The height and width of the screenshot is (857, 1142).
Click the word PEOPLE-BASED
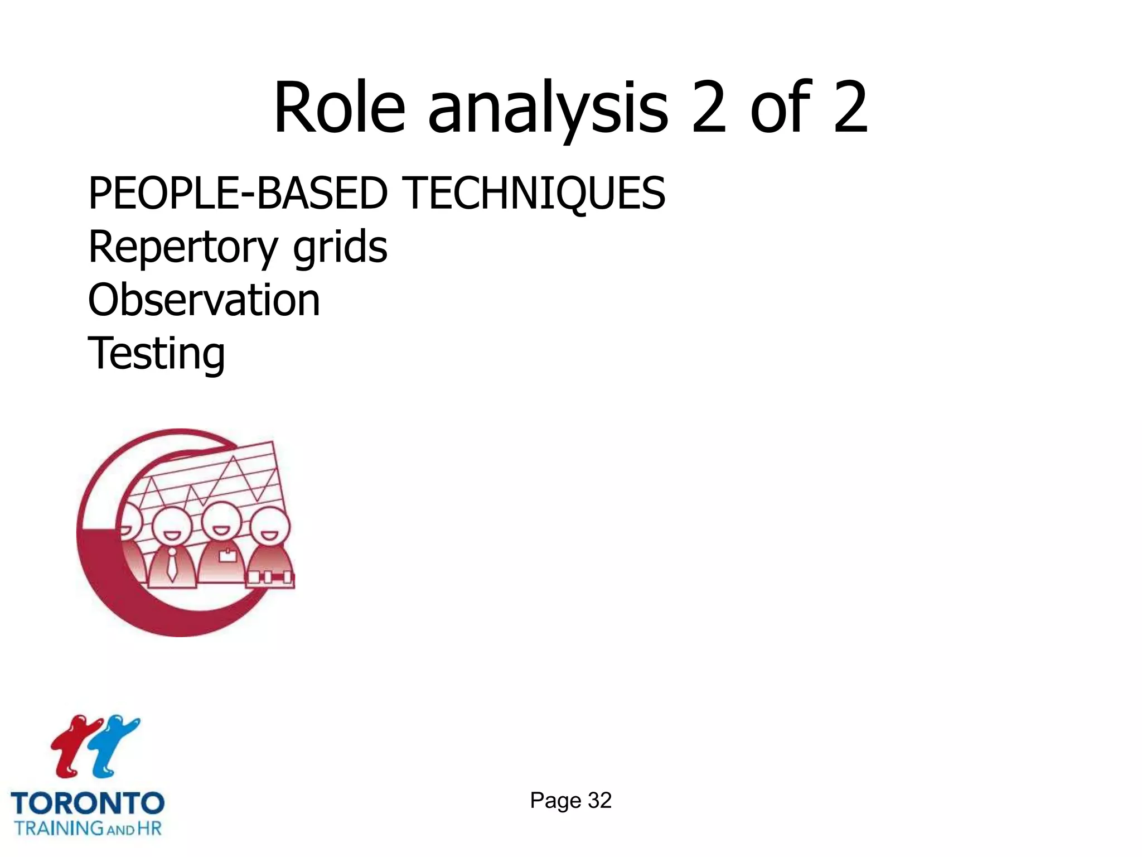(238, 193)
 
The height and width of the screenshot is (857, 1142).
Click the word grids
(340, 248)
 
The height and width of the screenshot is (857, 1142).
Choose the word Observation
(204, 300)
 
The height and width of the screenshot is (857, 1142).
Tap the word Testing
(157, 354)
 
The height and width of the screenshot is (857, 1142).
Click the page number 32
(599, 801)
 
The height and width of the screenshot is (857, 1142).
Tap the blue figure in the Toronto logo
(114, 745)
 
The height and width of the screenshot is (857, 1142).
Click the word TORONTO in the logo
(88, 804)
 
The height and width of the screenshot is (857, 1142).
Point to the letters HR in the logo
(149, 828)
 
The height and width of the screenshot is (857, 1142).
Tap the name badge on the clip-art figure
(228, 556)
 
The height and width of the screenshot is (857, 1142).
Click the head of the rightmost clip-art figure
(270, 527)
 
